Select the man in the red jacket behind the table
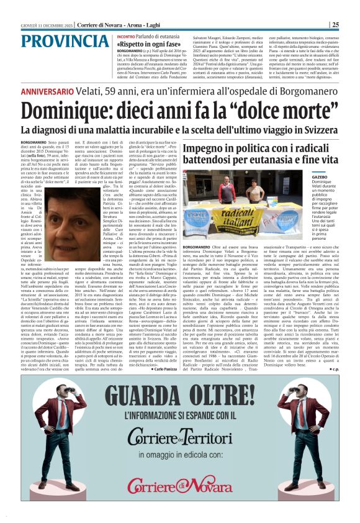(228, 188)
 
